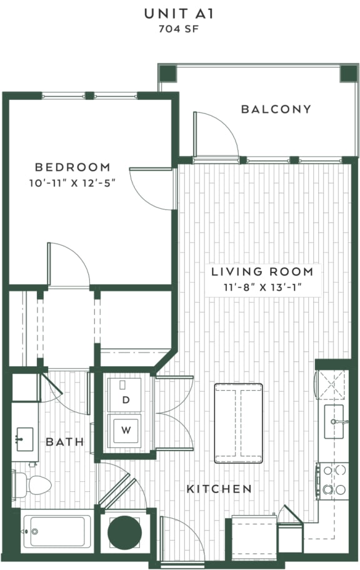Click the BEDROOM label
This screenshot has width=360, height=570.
click(72, 167)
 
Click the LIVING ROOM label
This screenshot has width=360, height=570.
click(262, 271)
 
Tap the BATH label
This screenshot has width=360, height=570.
click(64, 442)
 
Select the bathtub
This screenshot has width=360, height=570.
click(56, 531)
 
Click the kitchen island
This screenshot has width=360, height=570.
click(238, 423)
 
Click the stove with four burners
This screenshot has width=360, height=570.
click(334, 479)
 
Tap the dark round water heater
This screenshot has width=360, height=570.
click(124, 532)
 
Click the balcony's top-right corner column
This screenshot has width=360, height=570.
click(348, 73)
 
